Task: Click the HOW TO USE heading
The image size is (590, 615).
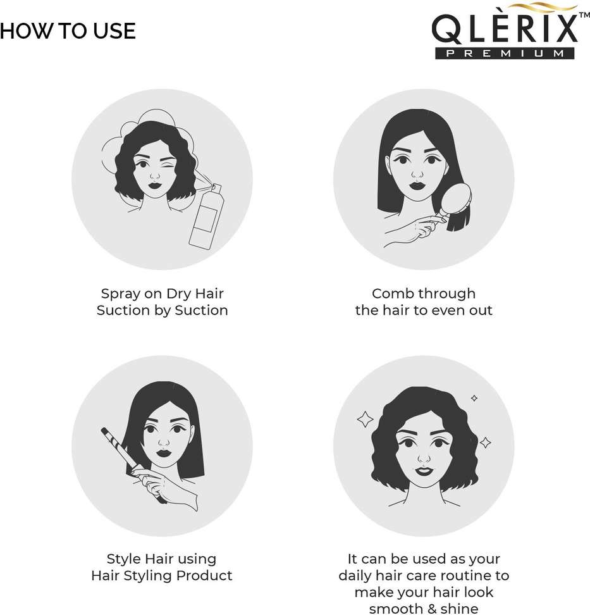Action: point(68,31)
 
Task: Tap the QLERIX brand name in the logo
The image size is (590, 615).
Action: point(505,28)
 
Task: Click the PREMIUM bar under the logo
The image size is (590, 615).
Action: point(505,53)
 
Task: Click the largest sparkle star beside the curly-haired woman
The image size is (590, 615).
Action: point(365,419)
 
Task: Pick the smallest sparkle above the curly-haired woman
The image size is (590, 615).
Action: point(474,398)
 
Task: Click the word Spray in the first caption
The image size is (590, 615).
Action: point(120,294)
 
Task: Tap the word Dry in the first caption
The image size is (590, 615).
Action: point(178,294)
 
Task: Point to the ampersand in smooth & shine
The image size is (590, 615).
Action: point(432,609)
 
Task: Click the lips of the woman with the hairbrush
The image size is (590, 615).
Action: point(417,185)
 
